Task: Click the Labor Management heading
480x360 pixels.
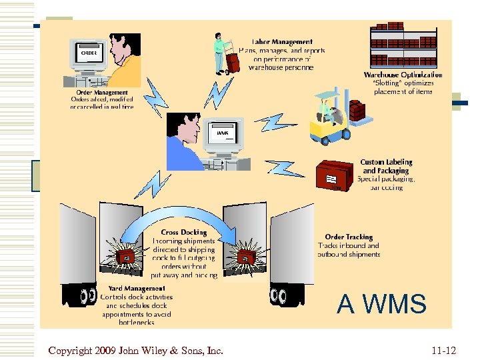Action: click(282, 42)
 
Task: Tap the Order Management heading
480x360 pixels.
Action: click(102, 93)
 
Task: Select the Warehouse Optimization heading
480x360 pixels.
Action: click(403, 75)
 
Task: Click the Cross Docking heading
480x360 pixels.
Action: click(184, 233)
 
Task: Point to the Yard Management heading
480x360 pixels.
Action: click(137, 289)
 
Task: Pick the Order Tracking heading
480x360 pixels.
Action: click(349, 237)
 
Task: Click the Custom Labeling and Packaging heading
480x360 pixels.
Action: click(386, 166)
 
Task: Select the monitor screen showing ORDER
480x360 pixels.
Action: click(89, 53)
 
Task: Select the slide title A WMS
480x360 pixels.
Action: click(381, 304)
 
